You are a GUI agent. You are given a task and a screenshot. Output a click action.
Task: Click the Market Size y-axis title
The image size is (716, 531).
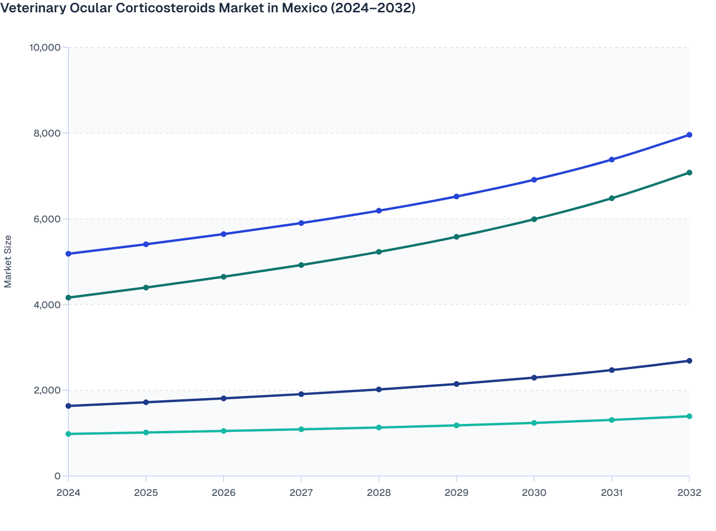[x=8, y=262]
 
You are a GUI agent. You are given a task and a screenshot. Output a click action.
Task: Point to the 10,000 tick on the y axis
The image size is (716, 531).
[x=45, y=47]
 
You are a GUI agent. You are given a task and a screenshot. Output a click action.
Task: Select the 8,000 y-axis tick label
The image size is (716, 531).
[x=47, y=133]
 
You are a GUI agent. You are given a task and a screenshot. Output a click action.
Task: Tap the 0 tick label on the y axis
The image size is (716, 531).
[x=57, y=476]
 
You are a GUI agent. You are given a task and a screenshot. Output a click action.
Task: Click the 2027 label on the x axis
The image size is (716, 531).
[x=301, y=493]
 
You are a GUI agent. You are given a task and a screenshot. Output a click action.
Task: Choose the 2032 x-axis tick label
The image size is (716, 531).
[x=689, y=493]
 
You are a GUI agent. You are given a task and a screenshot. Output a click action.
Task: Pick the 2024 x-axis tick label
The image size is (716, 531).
[x=68, y=493]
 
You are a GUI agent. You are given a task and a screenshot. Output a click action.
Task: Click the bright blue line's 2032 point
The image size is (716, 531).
[x=689, y=135]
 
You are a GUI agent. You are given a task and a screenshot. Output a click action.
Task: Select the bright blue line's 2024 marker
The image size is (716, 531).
[x=68, y=254]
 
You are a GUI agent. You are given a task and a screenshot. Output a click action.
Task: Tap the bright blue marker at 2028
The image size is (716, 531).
[x=379, y=211]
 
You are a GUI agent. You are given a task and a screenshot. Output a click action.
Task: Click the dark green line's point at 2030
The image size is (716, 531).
[x=534, y=220]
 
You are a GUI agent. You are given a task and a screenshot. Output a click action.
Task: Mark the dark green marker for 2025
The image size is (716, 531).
[x=146, y=288]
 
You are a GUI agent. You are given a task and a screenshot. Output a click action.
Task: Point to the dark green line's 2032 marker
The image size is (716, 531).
[x=689, y=173]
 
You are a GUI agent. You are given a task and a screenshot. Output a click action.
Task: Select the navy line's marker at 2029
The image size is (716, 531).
[x=456, y=384]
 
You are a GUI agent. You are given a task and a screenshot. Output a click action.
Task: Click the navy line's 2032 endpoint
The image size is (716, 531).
[x=689, y=361]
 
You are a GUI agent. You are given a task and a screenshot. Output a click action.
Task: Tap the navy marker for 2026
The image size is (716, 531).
[x=224, y=398]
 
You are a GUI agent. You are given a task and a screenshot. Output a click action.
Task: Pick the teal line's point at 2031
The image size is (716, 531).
[x=612, y=420]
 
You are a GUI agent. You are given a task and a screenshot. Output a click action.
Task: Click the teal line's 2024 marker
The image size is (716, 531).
[x=68, y=434]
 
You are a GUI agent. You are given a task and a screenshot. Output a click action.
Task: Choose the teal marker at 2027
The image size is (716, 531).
[x=301, y=430]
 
